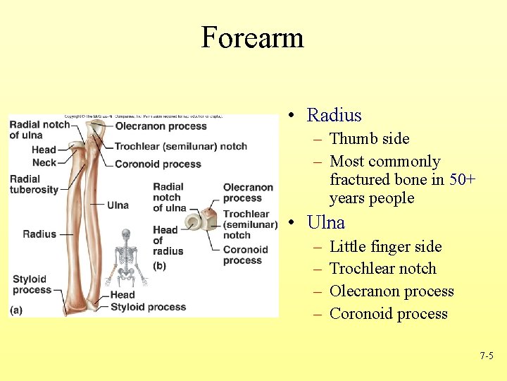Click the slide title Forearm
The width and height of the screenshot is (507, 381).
252,37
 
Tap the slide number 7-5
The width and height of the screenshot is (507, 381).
486,356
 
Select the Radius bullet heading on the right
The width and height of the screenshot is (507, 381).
334,116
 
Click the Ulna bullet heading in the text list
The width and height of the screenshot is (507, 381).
325,223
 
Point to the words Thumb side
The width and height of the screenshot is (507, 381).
369,139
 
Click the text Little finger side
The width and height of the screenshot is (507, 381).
385,246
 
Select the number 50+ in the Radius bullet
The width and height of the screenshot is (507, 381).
463,179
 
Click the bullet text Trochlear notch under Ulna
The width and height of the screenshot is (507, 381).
382,269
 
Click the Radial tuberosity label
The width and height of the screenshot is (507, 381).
34,184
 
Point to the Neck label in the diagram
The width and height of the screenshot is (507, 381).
44,162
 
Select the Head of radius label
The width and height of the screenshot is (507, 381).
168,240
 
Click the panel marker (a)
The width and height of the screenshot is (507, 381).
16,309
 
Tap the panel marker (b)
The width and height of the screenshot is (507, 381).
160,265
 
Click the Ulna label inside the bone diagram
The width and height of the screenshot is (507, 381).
118,205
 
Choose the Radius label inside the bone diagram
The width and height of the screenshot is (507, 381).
39,234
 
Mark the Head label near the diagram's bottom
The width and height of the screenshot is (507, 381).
122,294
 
